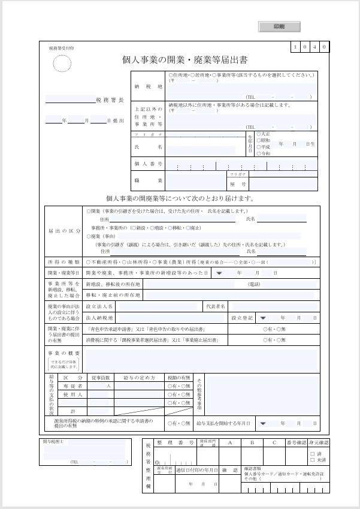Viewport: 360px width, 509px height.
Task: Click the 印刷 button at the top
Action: [x=279, y=27]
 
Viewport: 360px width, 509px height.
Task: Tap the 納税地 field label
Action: [x=148, y=86]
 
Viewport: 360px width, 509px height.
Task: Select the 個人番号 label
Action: [x=148, y=164]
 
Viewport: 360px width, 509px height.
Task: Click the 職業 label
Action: [x=148, y=180]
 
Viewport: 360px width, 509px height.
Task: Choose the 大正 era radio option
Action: [x=259, y=134]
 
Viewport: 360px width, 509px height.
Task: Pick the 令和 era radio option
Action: [x=259, y=154]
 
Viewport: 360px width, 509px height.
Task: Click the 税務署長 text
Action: [x=110, y=100]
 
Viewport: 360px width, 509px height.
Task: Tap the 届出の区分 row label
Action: [x=63, y=231]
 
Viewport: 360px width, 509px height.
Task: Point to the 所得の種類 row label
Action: [x=63, y=262]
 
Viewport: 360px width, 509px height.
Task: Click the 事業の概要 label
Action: [x=63, y=353]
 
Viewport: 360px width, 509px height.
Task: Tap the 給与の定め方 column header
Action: [x=139, y=378]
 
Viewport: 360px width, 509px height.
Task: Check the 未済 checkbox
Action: [x=312, y=460]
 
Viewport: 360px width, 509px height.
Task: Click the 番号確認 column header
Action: [x=296, y=442]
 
